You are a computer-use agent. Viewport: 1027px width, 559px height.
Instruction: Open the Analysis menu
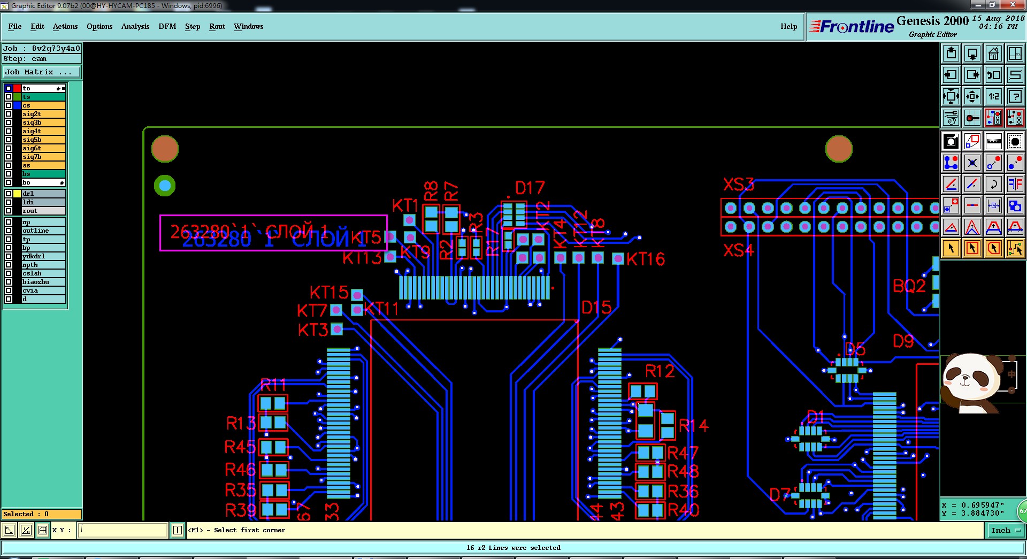pos(135,26)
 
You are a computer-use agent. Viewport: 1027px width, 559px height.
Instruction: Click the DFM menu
pos(167,26)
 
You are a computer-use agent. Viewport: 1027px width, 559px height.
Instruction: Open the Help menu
pos(788,26)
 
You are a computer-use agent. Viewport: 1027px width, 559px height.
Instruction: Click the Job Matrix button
pos(42,72)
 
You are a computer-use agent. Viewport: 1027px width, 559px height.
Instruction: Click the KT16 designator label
pos(646,259)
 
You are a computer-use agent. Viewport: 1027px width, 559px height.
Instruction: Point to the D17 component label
pos(530,188)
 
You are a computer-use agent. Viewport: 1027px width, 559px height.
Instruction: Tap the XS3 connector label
pos(738,185)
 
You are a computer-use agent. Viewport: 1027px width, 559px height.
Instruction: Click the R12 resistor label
pos(660,371)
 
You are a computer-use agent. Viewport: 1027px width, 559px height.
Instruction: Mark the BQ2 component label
pos(909,286)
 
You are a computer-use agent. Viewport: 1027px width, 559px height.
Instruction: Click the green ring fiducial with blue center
pos(165,186)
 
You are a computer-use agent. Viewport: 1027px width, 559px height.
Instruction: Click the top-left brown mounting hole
pos(165,149)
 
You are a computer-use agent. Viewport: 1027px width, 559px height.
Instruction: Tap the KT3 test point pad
pos(336,329)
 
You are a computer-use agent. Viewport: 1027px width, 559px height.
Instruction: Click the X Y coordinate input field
pos(123,530)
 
